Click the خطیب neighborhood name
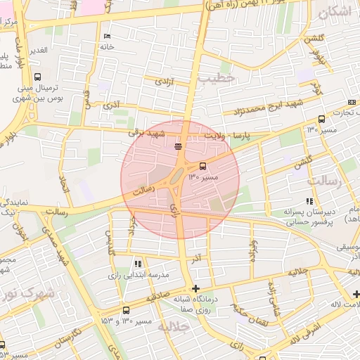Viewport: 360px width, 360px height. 214,79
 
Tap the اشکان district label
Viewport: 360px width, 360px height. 335,12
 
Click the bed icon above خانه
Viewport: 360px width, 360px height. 106,37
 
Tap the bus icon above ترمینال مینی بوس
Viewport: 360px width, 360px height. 37,77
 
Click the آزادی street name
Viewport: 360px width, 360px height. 162,82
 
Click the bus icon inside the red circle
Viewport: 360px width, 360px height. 203,167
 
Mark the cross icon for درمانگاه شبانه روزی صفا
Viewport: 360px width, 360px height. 195,288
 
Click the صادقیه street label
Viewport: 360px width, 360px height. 159,298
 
